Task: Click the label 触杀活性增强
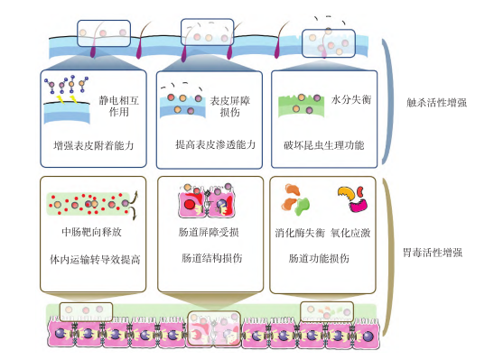point(435,103)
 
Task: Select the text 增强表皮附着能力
point(94,144)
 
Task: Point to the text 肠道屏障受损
point(209,232)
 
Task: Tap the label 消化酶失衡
point(299,232)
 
